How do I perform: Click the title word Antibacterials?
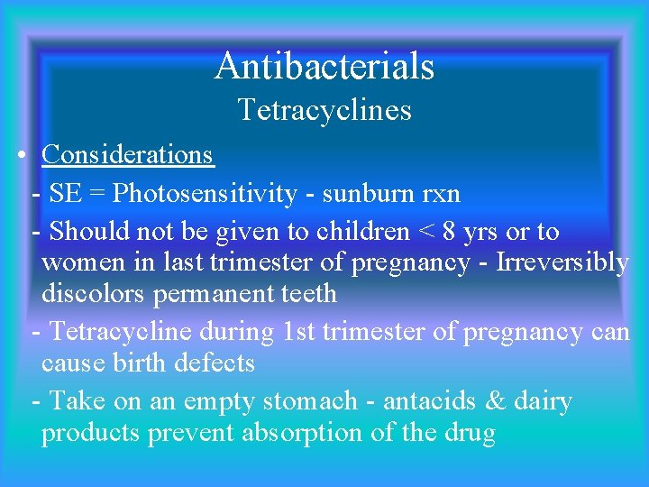click(x=324, y=66)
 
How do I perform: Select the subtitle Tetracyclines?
click(x=324, y=110)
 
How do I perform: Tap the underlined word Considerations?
click(x=127, y=155)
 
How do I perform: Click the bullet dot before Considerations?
click(x=20, y=155)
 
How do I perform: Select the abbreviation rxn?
click(x=441, y=193)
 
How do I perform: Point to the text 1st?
click(x=299, y=332)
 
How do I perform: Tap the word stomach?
click(x=309, y=401)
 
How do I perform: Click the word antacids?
click(x=434, y=401)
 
